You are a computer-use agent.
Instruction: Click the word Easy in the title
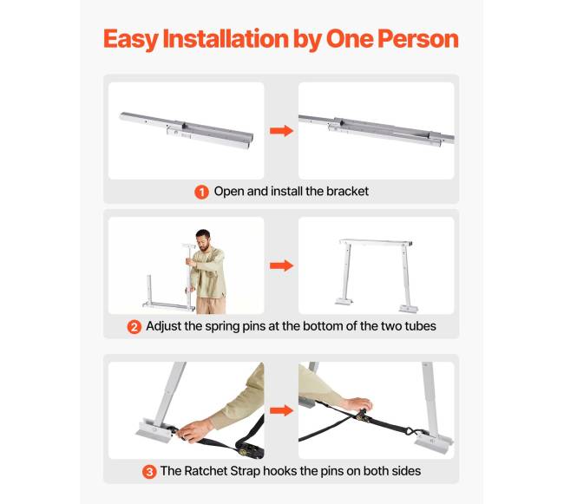coord(130,39)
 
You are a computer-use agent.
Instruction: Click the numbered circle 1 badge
coord(201,192)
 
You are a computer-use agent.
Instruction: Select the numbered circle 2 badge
coord(134,327)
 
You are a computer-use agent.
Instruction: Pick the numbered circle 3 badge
coord(149,472)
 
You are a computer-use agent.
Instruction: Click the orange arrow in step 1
coord(282,131)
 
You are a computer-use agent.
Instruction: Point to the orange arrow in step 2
coord(282,265)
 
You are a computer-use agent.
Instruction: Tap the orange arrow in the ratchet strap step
coord(282,410)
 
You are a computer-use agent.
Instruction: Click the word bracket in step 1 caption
coord(347,191)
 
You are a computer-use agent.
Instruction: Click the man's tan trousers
coord(211,305)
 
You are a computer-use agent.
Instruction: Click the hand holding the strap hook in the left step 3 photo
coord(194,430)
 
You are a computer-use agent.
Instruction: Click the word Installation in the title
coord(226,38)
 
